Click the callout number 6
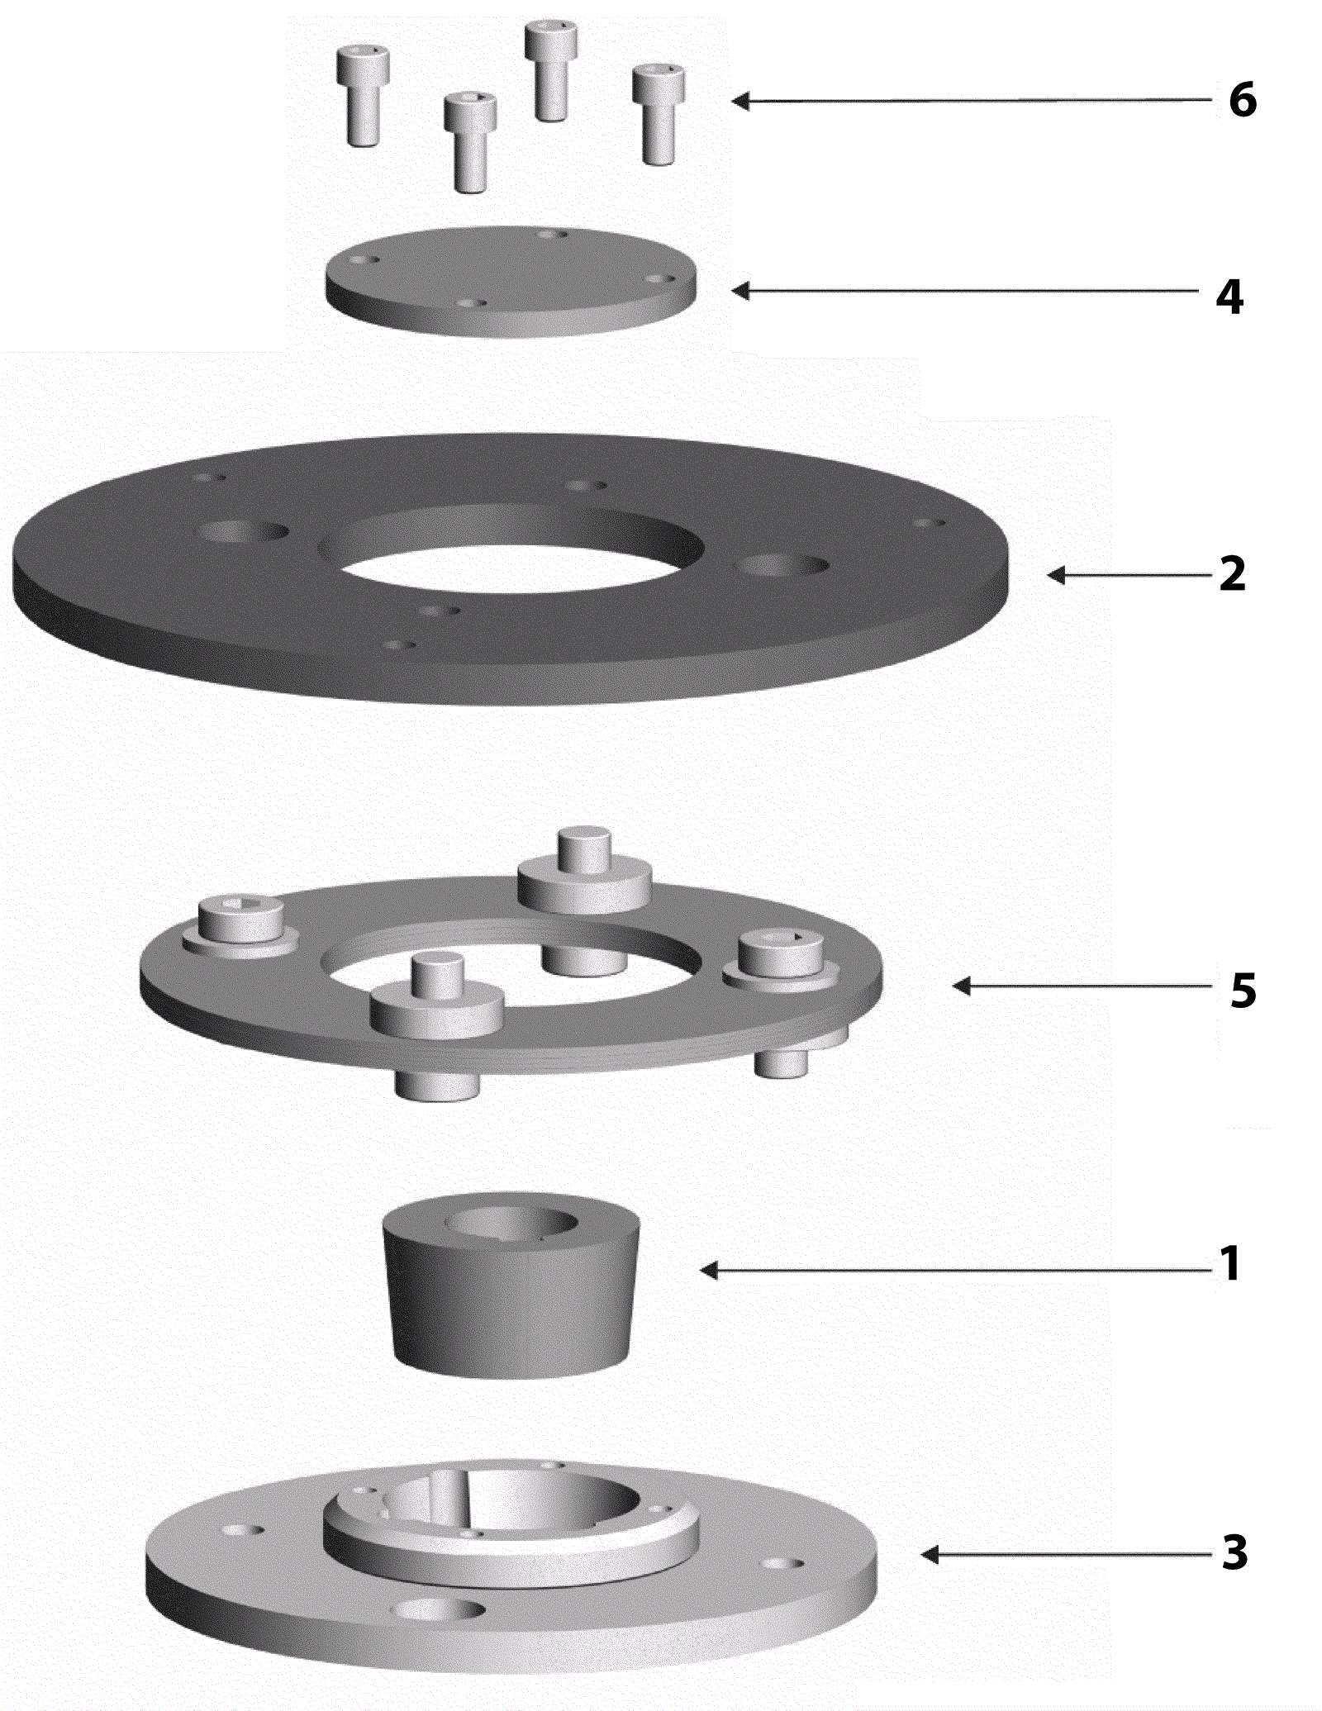coord(1243,100)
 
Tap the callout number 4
coord(1229,296)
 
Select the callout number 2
coord(1233,573)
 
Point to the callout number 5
coord(1244,990)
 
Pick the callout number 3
coord(1235,1553)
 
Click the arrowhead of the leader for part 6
coord(740,101)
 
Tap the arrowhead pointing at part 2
coord(1056,575)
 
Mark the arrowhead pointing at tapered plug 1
coord(709,1270)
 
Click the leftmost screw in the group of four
coord(363,95)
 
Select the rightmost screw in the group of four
coord(659,115)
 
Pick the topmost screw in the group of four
coord(551,71)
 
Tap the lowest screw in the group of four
coord(470,142)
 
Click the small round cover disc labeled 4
coord(511,281)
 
